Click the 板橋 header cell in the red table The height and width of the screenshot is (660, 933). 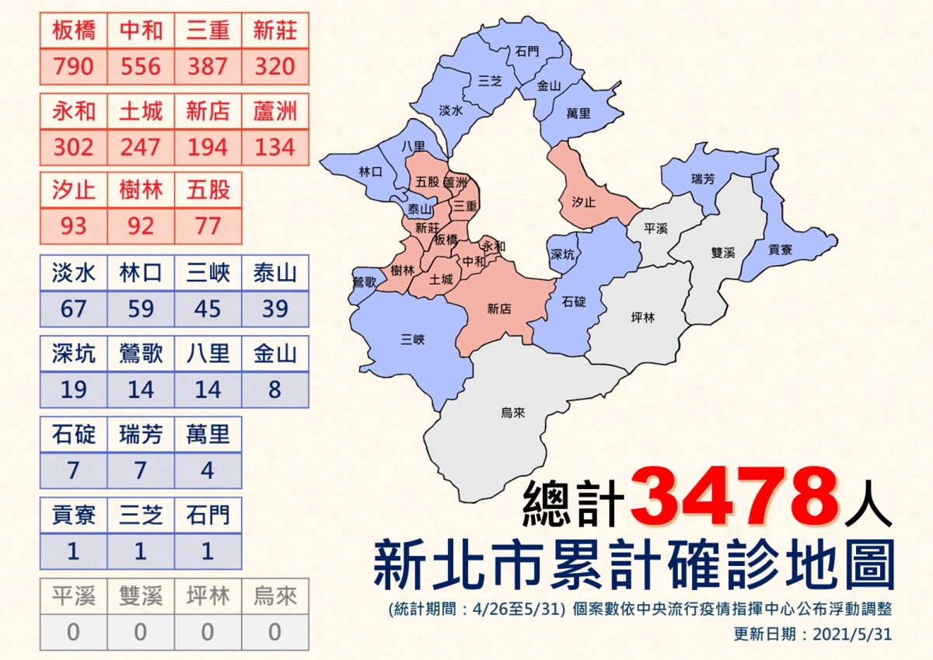pos(74,30)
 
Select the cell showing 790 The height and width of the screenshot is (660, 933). pos(74,66)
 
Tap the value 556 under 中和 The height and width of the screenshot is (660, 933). pos(141,66)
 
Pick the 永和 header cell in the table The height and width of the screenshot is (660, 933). pos(74,111)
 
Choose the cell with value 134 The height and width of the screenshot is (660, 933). pos(274,146)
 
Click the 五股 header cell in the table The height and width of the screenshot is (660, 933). pos(208,190)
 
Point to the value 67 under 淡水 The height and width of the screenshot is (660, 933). pos(74,309)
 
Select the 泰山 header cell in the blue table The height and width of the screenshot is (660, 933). pos(274,273)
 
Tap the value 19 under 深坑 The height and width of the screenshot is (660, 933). pos(74,389)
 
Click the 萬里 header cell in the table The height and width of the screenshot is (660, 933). pos(208,434)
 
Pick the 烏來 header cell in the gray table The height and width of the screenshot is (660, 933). pos(274,596)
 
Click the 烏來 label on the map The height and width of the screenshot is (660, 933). pos(513,413)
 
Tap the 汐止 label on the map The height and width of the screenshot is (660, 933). pos(583,201)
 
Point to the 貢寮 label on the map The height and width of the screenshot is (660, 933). pos(780,250)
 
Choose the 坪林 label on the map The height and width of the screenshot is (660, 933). pos(644,317)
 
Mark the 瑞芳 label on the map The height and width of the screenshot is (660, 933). pos(702,180)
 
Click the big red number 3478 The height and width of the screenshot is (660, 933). pos(735,494)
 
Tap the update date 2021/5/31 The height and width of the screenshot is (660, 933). pos(851,634)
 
